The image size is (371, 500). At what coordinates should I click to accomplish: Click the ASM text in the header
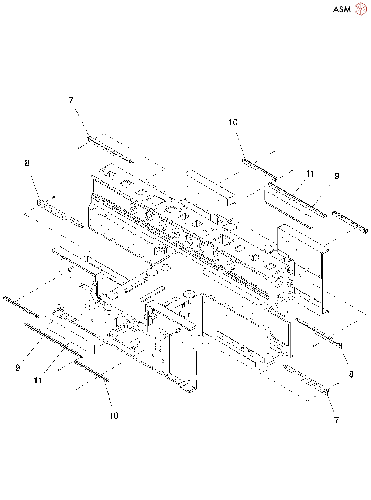[342, 10]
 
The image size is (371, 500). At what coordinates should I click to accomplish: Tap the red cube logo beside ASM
[360, 9]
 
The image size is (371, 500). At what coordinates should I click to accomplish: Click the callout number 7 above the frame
[71, 100]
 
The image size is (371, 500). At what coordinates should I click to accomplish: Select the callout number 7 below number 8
[337, 420]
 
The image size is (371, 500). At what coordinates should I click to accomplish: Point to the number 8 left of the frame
[28, 163]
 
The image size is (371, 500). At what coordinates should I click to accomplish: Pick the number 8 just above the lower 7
[351, 374]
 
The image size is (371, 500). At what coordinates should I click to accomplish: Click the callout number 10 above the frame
[233, 122]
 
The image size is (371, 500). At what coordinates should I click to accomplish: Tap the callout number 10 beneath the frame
[114, 416]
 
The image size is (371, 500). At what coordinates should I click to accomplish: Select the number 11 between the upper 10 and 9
[310, 174]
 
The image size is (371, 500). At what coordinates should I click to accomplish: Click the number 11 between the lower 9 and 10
[38, 380]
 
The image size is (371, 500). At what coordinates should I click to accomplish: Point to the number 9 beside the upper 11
[337, 176]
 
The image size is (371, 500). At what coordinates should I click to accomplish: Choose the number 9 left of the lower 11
[18, 368]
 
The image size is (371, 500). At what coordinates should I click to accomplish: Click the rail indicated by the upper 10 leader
[259, 169]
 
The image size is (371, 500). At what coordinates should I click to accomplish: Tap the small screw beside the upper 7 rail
[79, 148]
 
